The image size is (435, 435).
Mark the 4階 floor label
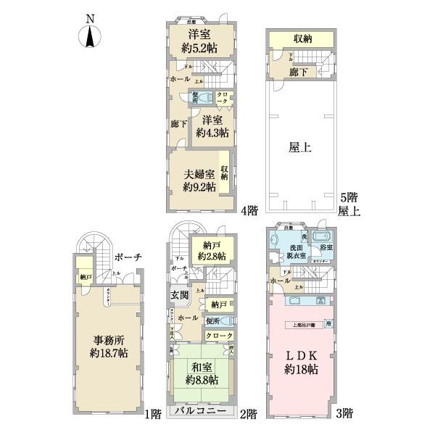(x=248, y=211)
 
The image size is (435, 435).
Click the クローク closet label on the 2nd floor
(x=219, y=336)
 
